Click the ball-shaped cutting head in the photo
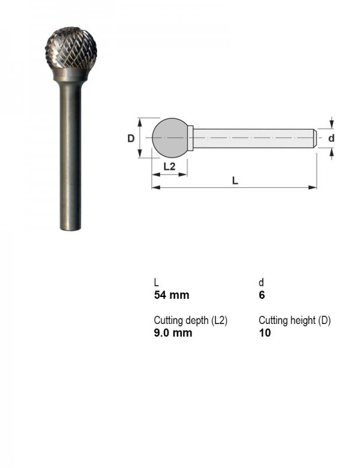click(71, 48)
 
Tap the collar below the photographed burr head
click(70, 74)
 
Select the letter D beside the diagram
click(131, 139)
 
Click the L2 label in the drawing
click(170, 166)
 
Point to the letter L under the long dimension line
click(235, 181)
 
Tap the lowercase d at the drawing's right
click(331, 138)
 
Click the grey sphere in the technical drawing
click(170, 137)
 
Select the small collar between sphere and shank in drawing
click(190, 137)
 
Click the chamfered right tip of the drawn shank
click(314, 138)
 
